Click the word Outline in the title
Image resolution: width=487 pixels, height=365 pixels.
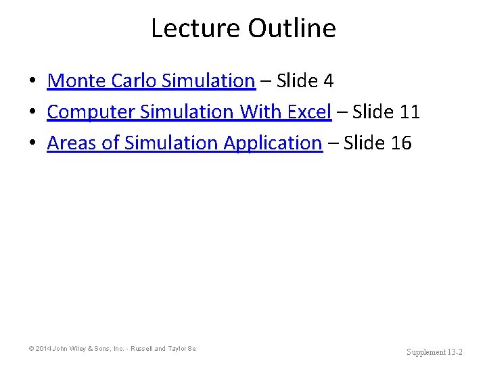coord(292,28)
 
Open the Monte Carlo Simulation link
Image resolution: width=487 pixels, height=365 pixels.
coord(151,81)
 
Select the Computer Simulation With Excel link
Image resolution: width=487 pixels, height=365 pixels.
coord(189,112)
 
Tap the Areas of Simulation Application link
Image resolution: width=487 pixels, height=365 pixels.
coord(184,143)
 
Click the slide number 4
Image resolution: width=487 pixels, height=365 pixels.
coord(329,81)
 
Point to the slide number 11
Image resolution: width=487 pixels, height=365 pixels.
coord(410,112)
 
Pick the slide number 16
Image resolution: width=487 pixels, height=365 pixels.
coord(401,143)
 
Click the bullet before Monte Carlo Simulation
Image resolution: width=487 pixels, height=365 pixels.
coord(32,82)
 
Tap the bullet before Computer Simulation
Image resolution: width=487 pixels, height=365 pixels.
coord(32,112)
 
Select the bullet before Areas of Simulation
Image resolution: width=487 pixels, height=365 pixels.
coord(32,143)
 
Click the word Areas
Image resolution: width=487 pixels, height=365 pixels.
coord(71,143)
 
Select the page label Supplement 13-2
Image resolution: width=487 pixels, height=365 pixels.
coord(434,352)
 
